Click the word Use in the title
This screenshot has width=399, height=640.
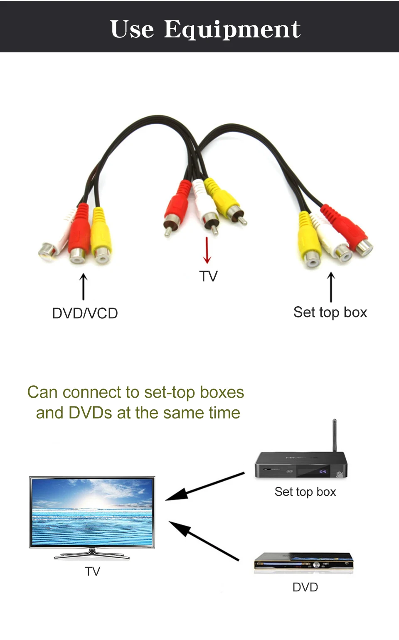(132, 30)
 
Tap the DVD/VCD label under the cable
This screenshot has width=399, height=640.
(85, 313)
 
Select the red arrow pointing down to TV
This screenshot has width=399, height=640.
(207, 250)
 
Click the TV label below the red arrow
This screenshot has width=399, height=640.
(208, 276)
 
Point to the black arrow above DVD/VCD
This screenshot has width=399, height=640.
(84, 287)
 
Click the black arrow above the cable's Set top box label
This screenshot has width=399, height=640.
(331, 287)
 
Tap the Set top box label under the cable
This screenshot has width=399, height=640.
(330, 312)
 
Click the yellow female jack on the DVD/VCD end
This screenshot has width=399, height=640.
(101, 237)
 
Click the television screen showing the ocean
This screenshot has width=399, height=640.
(92, 512)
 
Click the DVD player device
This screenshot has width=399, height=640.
(304, 561)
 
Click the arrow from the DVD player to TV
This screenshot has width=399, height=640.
(204, 541)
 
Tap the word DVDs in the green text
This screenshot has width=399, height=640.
(90, 413)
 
